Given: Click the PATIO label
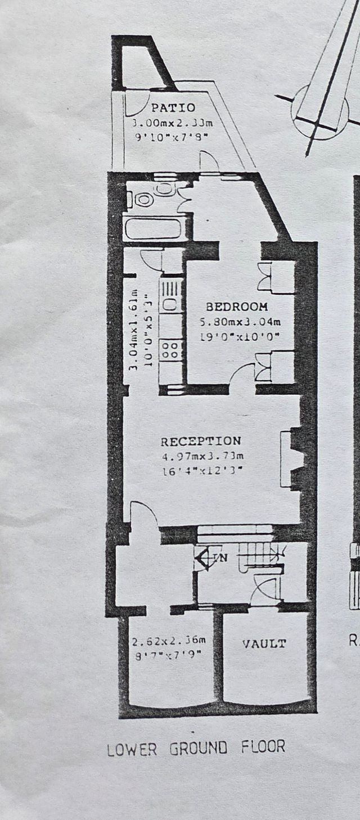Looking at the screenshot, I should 173,108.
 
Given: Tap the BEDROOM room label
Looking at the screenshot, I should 236,307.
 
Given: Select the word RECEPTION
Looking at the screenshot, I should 201,441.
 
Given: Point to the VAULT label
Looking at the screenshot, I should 264,644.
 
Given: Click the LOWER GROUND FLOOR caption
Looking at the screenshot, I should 196,747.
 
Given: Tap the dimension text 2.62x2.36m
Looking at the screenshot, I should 169,641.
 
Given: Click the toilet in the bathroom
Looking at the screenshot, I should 144,199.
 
